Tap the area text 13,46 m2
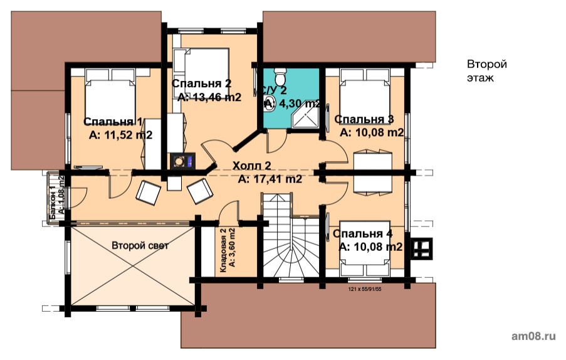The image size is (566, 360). pos(216,97)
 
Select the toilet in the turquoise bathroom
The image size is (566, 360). pos(280,75)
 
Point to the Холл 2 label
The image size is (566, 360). pos(251,166)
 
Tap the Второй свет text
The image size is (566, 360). pos(140,246)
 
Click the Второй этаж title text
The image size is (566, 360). pos(487,71)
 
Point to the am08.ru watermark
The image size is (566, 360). pos(533,336)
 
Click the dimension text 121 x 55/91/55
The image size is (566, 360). pos(365,289)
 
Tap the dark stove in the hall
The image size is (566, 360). pos(182,161)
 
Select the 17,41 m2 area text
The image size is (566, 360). pos(270,179)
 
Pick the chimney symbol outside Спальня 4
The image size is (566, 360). pos(421,248)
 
